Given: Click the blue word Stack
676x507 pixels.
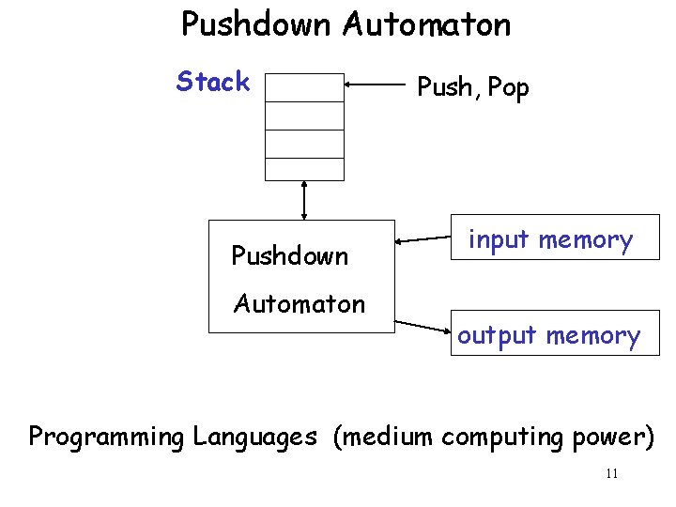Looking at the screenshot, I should pos(213,83).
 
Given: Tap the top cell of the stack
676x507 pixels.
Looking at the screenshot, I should pos(304,86).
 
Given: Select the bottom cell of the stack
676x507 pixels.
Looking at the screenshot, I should pos(304,168).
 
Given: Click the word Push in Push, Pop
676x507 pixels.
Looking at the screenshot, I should pos(445,88).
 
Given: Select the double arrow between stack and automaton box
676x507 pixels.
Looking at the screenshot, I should pos(304,200).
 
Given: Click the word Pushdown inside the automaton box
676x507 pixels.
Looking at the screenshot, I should pos(289,255).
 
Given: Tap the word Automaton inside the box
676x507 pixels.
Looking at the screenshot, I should pos(299,303).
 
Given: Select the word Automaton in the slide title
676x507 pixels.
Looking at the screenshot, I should pos(427,24).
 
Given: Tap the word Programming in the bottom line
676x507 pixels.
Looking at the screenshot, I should pos(107,438).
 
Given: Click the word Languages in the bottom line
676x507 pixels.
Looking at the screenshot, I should pos(254,438).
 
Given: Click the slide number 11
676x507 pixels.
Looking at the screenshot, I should pos(611,473).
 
